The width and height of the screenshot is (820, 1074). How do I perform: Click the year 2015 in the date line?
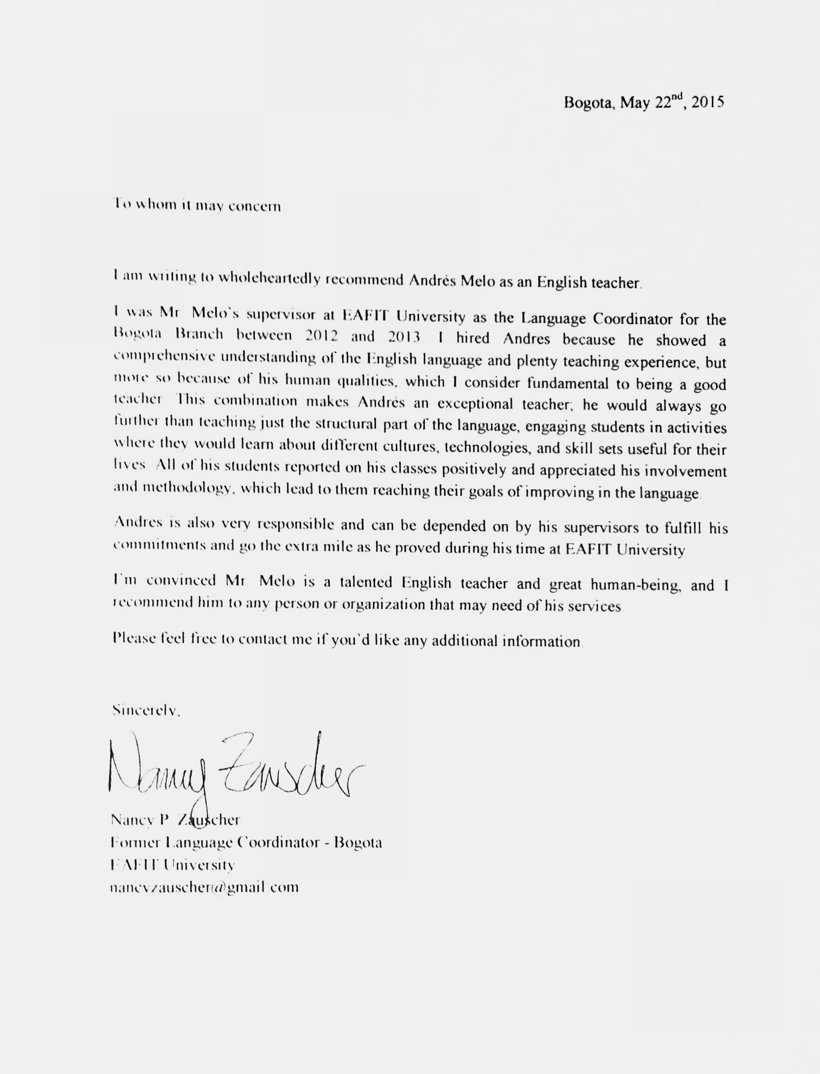click(x=707, y=102)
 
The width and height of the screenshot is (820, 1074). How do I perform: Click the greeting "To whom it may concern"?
click(x=197, y=205)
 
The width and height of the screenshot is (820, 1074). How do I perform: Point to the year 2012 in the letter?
click(x=321, y=336)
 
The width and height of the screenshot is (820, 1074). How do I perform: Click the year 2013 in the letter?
click(x=404, y=337)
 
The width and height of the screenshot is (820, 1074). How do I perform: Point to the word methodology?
click(x=186, y=488)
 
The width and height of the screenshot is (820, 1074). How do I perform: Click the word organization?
click(x=383, y=605)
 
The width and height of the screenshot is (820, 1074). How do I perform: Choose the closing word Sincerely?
click(x=146, y=710)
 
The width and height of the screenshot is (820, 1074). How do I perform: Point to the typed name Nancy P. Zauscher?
click(x=175, y=819)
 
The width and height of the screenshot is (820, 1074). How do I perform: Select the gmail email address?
click(x=204, y=887)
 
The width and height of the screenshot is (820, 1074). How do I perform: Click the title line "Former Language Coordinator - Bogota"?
click(x=246, y=842)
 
